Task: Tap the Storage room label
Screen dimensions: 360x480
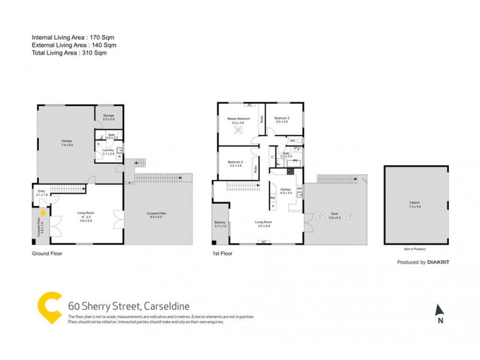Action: (x=108, y=116)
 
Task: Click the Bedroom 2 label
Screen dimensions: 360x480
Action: (x=282, y=118)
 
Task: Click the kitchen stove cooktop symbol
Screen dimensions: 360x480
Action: (x=290, y=172)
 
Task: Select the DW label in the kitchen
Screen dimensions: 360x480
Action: (x=299, y=188)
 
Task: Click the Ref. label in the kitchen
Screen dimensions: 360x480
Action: (x=272, y=197)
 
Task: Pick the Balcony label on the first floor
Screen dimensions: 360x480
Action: (x=220, y=223)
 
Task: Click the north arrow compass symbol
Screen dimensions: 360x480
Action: (x=440, y=310)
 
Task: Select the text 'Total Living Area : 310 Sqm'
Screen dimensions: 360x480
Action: (x=74, y=53)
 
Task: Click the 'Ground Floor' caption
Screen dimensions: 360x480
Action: (x=47, y=253)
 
